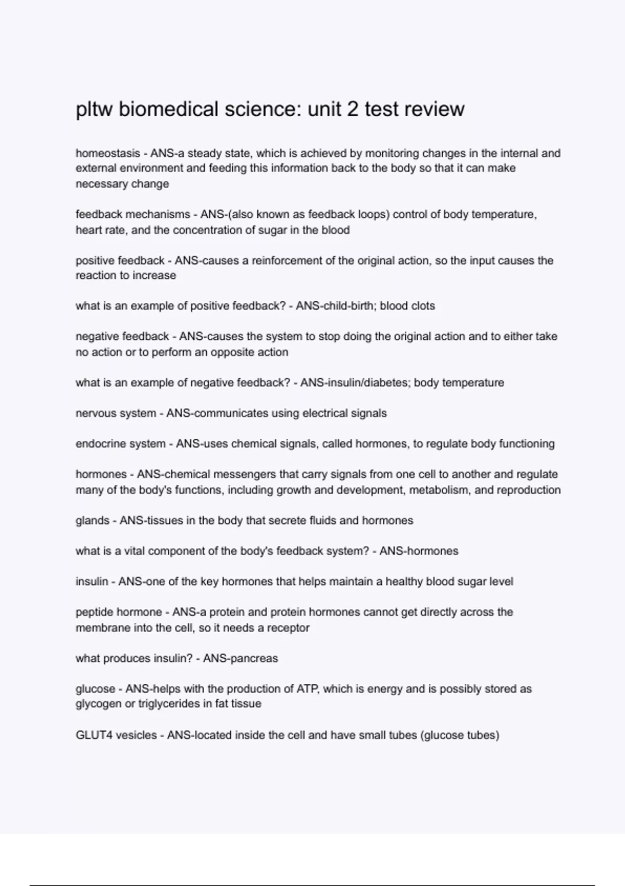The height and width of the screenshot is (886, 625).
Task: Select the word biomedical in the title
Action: (168, 109)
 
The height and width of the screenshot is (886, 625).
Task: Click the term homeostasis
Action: (108, 153)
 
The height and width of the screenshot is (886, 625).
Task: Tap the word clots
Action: (422, 306)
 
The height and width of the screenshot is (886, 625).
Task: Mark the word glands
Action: (92, 521)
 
